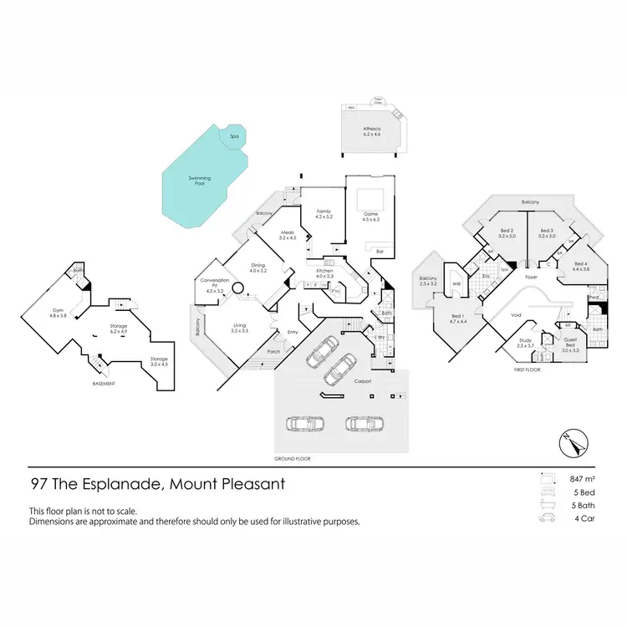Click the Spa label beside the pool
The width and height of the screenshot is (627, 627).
222,135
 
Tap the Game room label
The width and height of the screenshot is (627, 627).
371,217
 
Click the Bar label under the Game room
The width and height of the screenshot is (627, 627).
379,251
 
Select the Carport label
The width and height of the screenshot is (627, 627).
362,380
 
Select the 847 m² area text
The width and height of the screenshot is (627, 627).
581,479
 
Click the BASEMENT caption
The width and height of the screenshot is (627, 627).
103,384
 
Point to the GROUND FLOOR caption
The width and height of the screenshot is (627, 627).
293,459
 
